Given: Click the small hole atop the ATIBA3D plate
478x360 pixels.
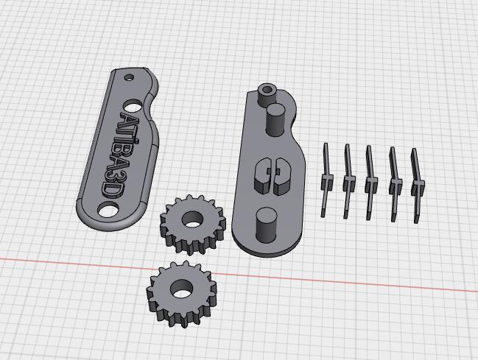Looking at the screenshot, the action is [129, 77].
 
